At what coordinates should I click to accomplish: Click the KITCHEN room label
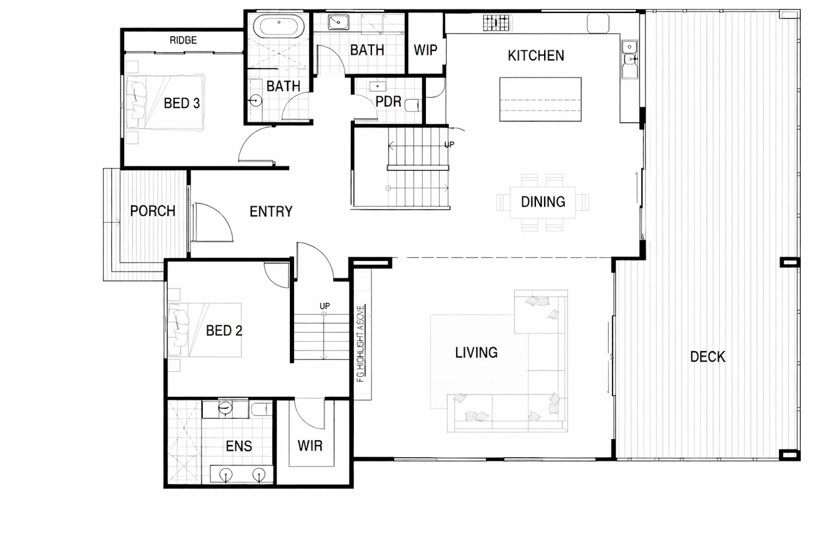(x=536, y=56)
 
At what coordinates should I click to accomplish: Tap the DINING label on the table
(x=543, y=202)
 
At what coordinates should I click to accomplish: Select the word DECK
(x=708, y=356)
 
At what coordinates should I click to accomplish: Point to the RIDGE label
(x=183, y=40)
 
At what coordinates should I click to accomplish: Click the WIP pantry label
(x=425, y=50)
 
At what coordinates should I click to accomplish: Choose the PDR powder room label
(x=388, y=101)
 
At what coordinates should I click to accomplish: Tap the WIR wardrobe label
(x=310, y=446)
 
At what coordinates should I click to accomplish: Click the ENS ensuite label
(x=239, y=446)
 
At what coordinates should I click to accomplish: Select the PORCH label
(x=153, y=211)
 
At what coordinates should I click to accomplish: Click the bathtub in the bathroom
(x=279, y=26)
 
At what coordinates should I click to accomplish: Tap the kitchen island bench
(x=540, y=99)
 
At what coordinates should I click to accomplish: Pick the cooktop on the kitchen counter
(x=496, y=23)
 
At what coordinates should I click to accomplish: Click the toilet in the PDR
(x=412, y=105)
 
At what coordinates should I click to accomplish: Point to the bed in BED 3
(x=165, y=103)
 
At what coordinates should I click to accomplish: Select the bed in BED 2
(x=204, y=329)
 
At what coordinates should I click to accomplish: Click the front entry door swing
(x=212, y=222)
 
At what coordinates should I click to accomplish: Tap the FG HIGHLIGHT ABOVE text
(x=361, y=344)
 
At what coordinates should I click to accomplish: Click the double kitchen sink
(x=630, y=59)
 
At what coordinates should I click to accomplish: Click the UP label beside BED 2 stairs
(x=324, y=306)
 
